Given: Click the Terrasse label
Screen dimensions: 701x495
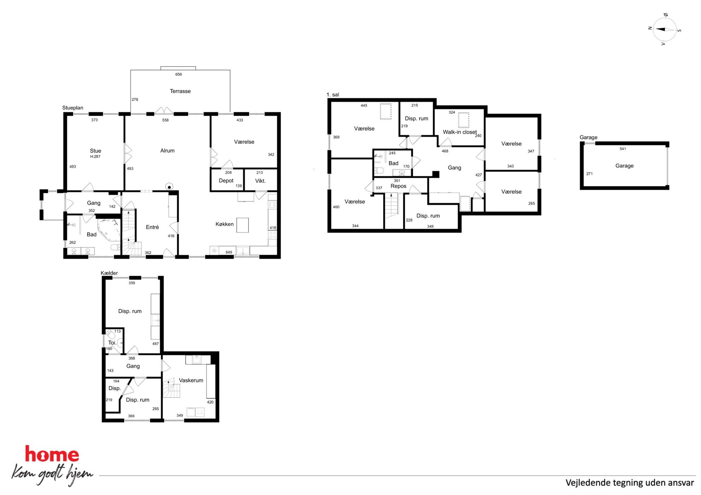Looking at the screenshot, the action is coord(180,91).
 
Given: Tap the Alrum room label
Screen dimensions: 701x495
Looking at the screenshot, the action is coord(167,151).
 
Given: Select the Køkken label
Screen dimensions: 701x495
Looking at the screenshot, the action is coord(224,224).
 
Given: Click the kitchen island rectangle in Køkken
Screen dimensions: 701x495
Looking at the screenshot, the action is coord(242,225).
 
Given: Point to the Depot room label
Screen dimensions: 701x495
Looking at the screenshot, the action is coord(226,181).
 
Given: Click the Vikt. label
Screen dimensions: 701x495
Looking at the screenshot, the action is coord(260,181).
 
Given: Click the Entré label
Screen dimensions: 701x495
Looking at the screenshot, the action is coord(152,227).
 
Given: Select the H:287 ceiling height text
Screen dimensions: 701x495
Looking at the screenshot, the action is coord(95,157).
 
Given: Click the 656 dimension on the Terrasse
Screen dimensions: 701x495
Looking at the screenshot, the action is coord(178,74).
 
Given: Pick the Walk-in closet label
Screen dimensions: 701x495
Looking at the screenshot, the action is coord(460,132).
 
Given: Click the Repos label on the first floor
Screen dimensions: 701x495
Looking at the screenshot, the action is coord(398,186).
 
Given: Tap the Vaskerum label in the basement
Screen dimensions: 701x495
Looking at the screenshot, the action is coord(191,380).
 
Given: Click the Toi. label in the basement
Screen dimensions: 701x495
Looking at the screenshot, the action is coord(112,343).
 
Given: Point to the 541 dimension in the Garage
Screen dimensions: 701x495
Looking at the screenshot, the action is coord(623,149).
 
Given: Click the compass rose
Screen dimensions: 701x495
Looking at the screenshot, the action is coord(664,30).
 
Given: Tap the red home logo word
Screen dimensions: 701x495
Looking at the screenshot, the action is coord(52,454).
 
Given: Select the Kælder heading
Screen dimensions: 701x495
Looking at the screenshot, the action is coord(109,273).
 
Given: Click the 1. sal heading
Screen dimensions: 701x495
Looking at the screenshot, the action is coord(332,95).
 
